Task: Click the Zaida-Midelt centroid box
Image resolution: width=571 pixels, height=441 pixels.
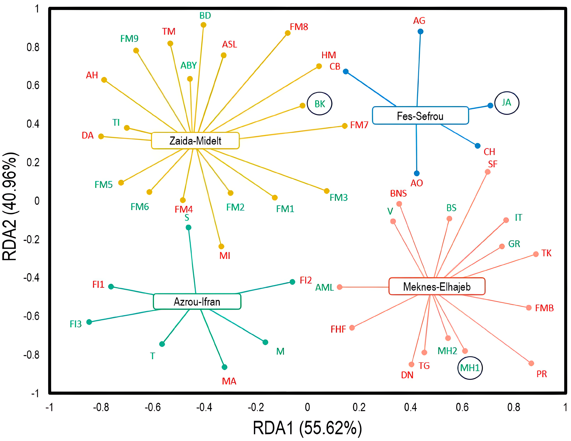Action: click(x=195, y=141)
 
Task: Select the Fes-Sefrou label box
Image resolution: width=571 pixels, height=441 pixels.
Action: click(x=420, y=116)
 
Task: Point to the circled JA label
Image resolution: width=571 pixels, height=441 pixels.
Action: click(x=507, y=103)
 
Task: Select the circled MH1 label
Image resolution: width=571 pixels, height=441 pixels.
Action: click(x=470, y=368)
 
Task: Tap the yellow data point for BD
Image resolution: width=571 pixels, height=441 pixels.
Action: click(x=203, y=25)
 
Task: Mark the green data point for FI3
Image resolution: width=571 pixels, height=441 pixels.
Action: click(x=89, y=322)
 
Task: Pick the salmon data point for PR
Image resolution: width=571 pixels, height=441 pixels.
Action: click(x=531, y=363)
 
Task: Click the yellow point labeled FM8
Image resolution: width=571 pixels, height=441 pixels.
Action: click(x=288, y=33)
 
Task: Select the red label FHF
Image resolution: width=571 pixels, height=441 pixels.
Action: click(x=338, y=329)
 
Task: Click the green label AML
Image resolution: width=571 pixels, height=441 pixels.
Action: click(x=324, y=288)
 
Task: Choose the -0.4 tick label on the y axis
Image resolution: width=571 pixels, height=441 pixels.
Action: click(x=31, y=278)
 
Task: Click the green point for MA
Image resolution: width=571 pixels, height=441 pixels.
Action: click(x=224, y=367)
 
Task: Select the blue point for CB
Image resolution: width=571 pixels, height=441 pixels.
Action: click(x=346, y=71)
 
